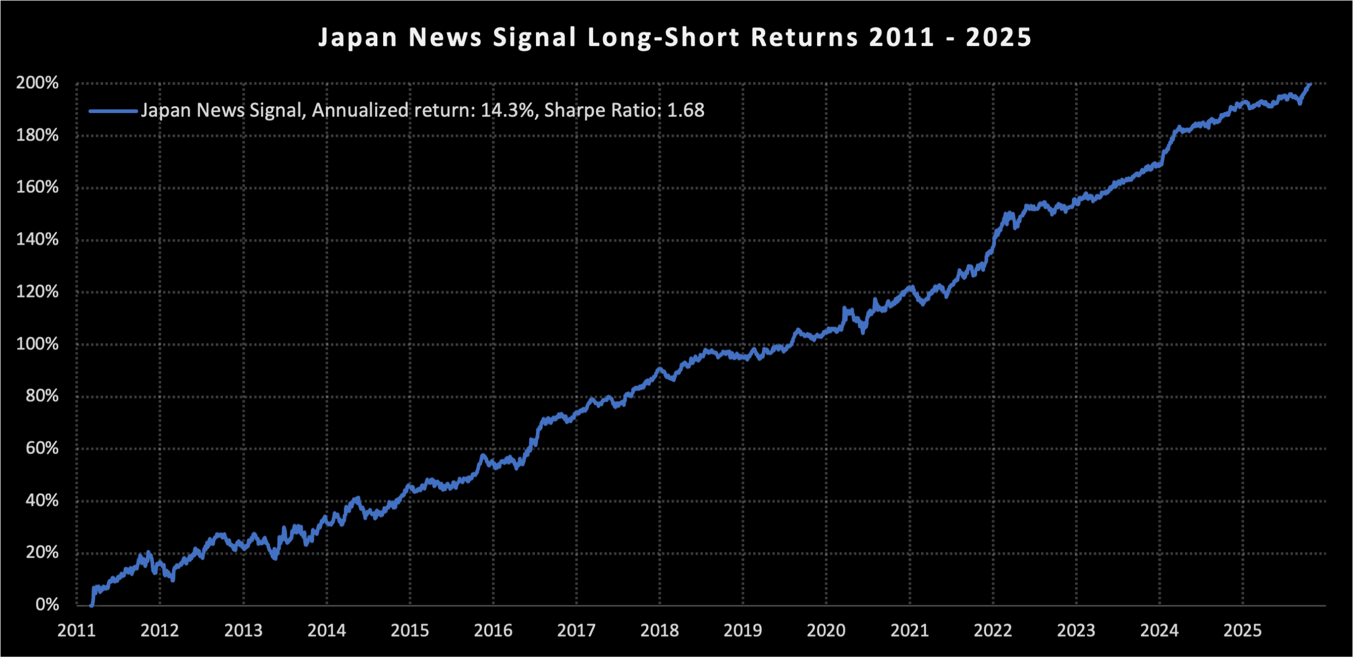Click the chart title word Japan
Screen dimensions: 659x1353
(x=358, y=38)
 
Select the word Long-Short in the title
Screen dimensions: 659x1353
(x=663, y=38)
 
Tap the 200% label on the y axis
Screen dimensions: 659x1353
(x=37, y=83)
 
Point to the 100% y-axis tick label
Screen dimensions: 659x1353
(x=37, y=344)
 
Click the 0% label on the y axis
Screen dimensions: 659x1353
(x=47, y=605)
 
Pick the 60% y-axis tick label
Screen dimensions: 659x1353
(x=42, y=448)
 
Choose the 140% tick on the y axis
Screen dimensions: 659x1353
(x=37, y=240)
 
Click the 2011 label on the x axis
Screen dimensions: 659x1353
(x=77, y=630)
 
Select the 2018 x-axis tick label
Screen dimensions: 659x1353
(x=660, y=630)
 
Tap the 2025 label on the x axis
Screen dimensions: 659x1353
(x=1243, y=630)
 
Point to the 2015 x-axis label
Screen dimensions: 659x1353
(x=410, y=630)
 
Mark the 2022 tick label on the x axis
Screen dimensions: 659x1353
(x=993, y=630)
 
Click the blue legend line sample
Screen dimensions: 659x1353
(x=113, y=111)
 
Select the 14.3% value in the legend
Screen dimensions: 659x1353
(x=507, y=110)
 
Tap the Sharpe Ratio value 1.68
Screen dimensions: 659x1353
(x=685, y=110)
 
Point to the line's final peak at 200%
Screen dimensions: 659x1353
(x=1310, y=84)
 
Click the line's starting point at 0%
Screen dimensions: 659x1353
(x=91, y=605)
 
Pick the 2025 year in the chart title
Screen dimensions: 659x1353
(x=998, y=38)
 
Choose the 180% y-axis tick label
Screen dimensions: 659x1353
(x=37, y=135)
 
